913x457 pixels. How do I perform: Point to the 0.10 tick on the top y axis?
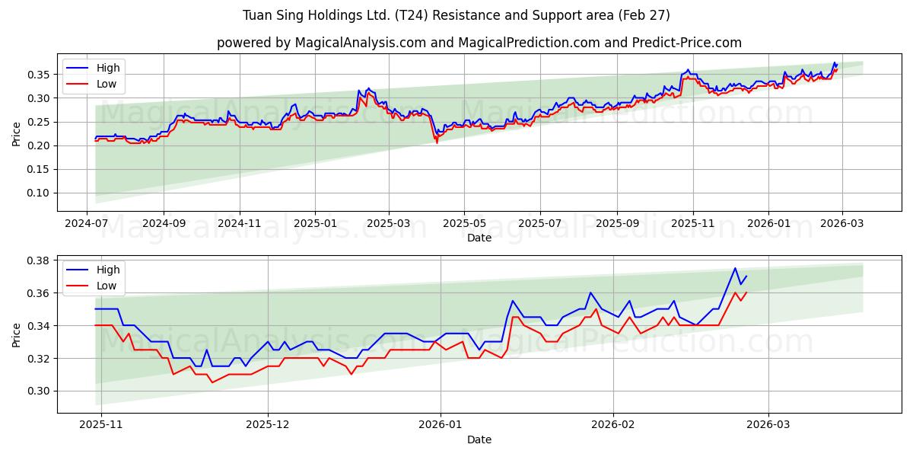click(40, 193)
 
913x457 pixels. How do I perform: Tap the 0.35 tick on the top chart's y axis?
click(40, 75)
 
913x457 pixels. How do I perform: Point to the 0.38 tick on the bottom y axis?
click(40, 260)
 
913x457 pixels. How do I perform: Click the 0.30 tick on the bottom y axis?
click(40, 391)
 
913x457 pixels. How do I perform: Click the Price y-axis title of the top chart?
click(17, 134)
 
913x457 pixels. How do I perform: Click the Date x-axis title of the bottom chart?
click(479, 439)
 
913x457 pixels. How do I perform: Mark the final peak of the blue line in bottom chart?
click(735, 268)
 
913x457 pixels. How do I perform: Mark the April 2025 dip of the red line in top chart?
click(437, 142)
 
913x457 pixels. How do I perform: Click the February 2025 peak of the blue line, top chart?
click(368, 88)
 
